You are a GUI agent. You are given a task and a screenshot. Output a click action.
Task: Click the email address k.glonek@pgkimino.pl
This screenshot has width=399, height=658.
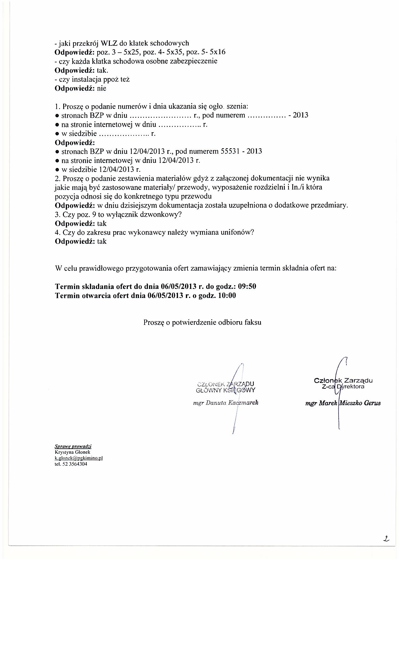click(79, 458)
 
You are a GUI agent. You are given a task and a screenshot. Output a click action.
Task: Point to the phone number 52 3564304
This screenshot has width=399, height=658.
click(74, 464)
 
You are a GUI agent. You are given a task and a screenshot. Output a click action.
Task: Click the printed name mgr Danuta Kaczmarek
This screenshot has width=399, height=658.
click(226, 403)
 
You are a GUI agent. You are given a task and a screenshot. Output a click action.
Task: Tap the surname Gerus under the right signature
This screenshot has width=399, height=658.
click(372, 404)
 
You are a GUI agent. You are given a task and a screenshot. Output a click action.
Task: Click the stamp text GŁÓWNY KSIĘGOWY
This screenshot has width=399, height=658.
click(226, 390)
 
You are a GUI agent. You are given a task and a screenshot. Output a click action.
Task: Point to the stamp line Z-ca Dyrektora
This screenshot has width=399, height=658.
click(343, 387)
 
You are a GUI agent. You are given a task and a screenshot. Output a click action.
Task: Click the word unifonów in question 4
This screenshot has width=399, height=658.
click(241, 232)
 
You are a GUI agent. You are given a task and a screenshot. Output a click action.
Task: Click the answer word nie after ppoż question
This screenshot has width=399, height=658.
click(102, 88)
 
